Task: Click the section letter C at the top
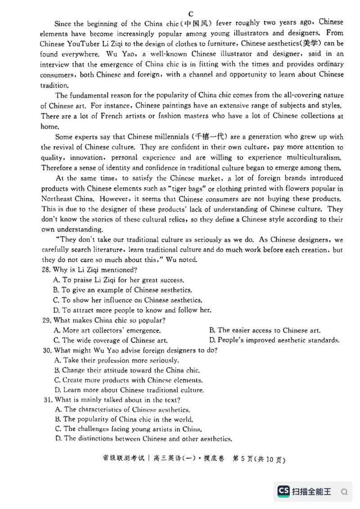[191, 14]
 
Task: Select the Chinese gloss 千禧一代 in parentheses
[210, 137]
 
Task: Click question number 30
[46, 350]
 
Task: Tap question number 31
[47, 400]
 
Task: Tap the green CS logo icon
[283, 491]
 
